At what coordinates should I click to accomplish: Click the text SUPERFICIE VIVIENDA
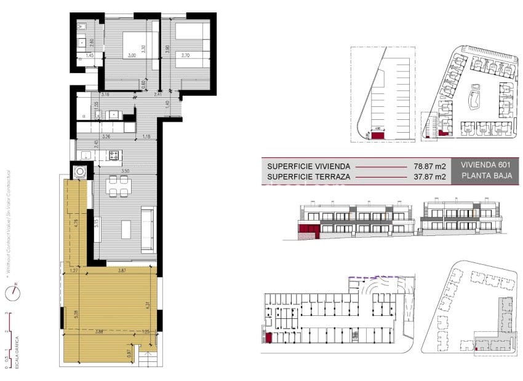308,166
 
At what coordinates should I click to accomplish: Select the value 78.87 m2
429,166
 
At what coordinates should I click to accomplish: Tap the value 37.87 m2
429,178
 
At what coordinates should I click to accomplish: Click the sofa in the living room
148,230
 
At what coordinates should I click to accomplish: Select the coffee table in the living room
126,229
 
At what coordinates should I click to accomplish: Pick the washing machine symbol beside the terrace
80,171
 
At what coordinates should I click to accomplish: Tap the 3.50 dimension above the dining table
124,171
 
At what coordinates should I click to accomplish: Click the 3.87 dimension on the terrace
122,270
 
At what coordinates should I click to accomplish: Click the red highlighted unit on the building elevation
306,232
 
